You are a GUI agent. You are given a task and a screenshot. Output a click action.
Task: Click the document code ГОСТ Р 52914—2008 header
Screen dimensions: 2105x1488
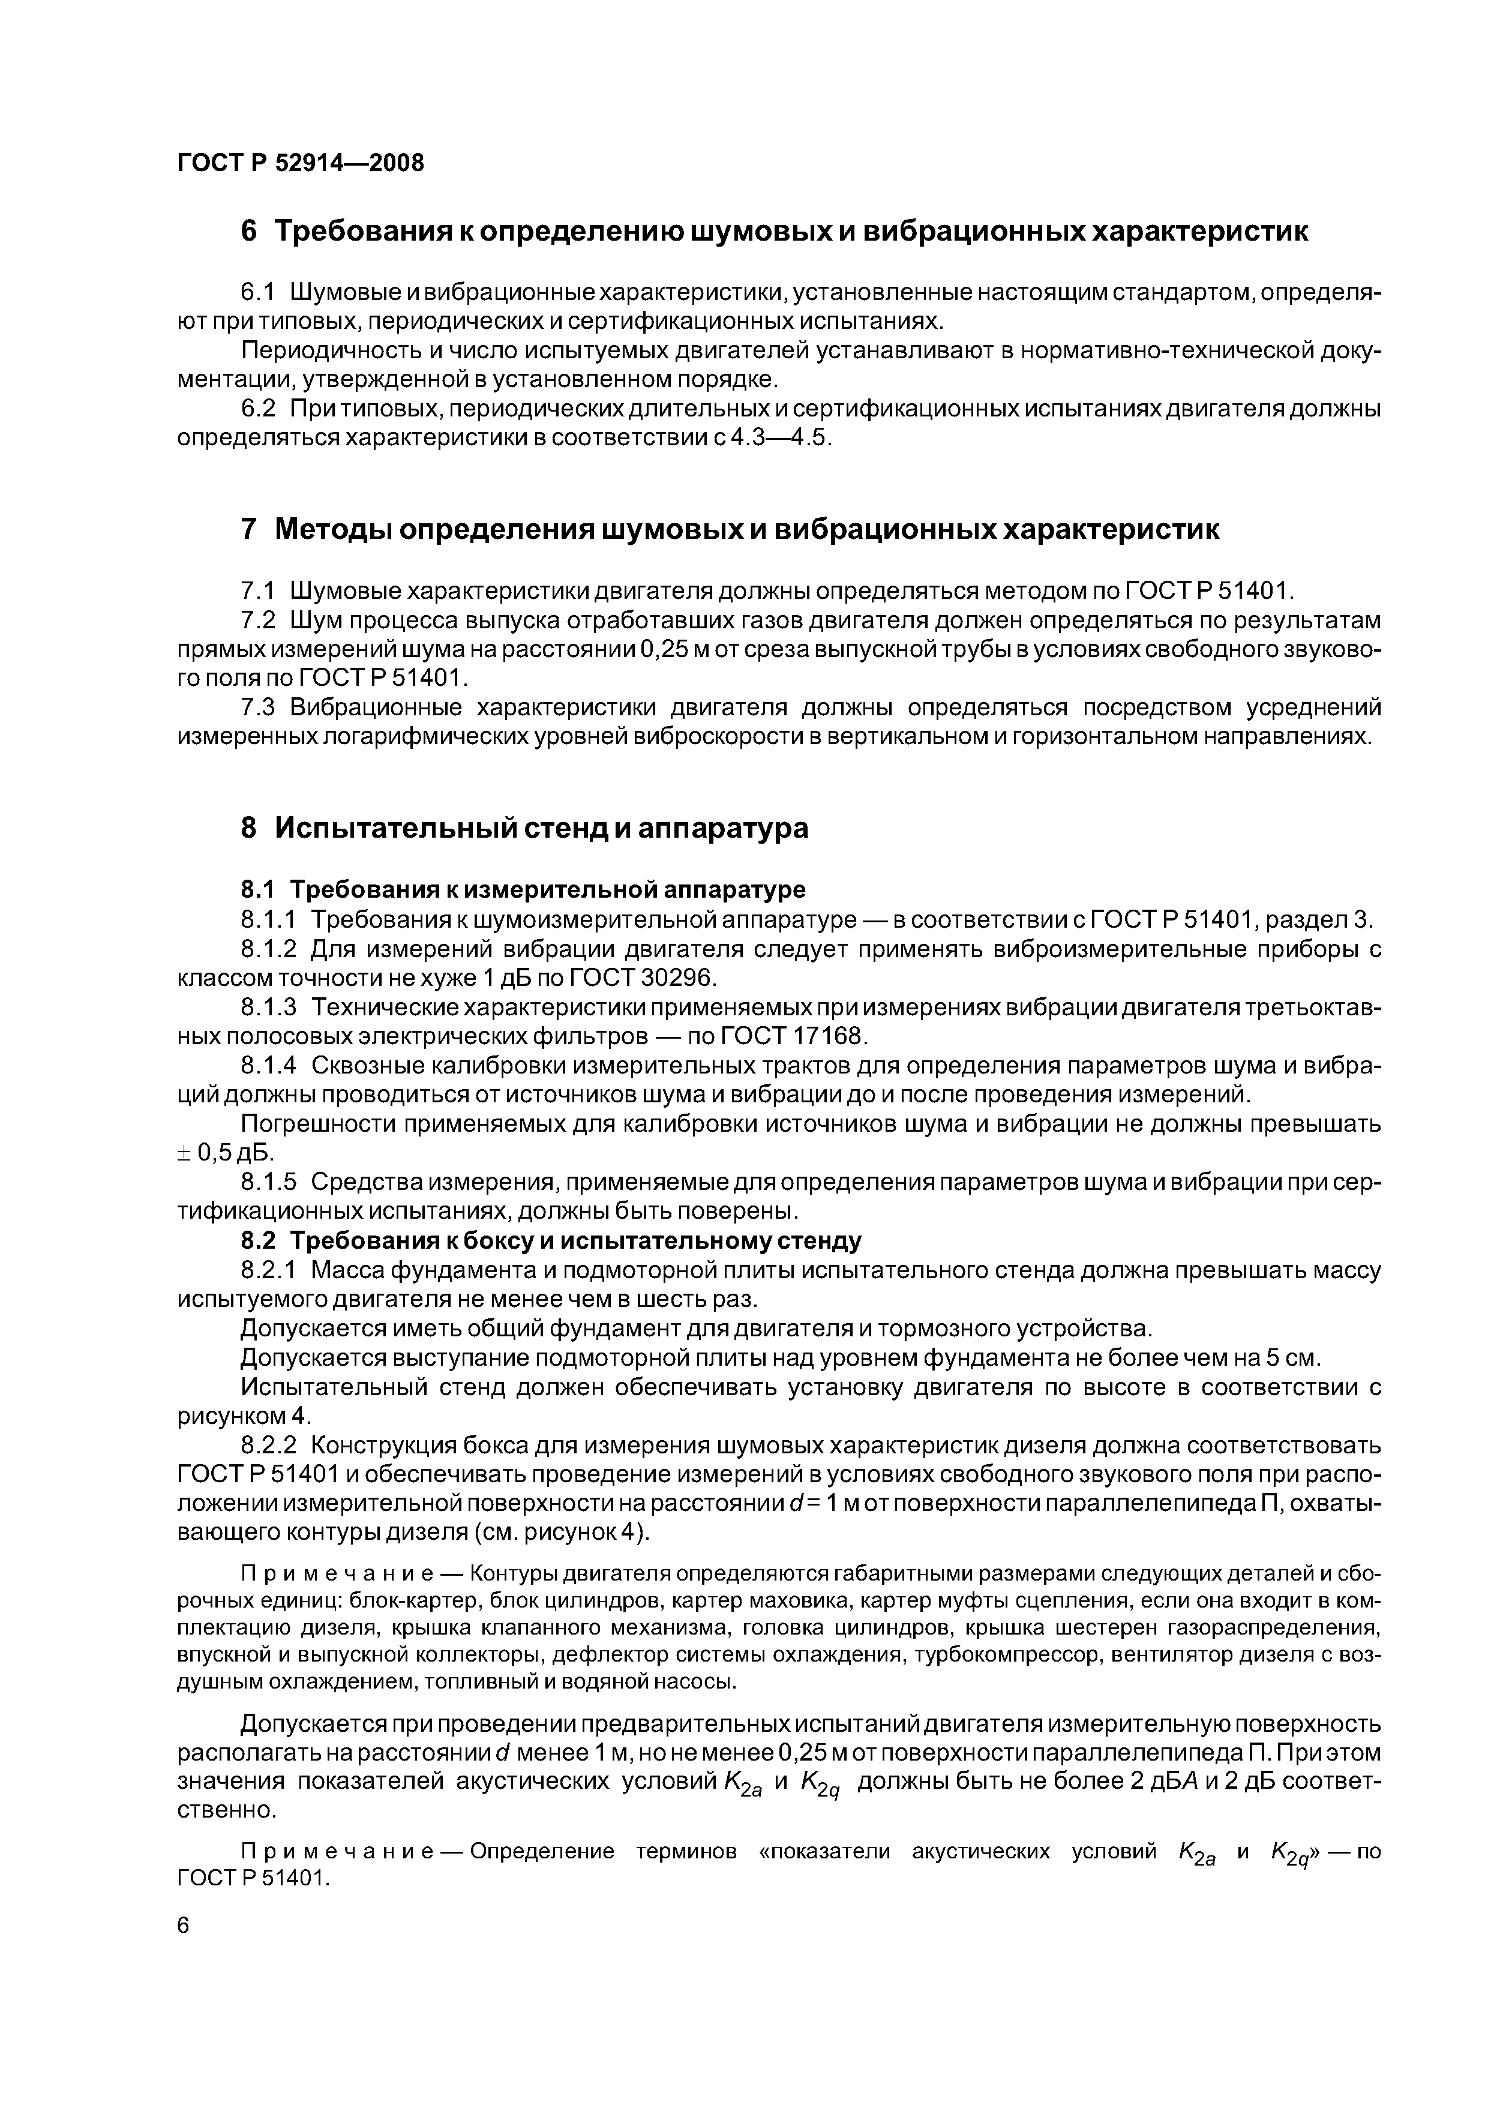point(301,163)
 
